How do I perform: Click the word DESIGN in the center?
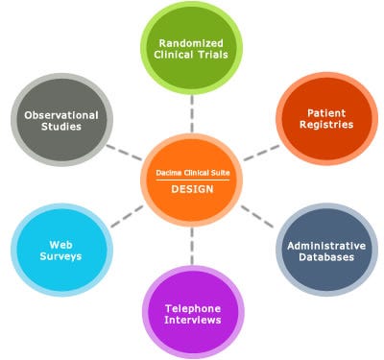191,189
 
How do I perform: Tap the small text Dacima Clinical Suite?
191,173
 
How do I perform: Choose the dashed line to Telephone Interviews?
192,250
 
